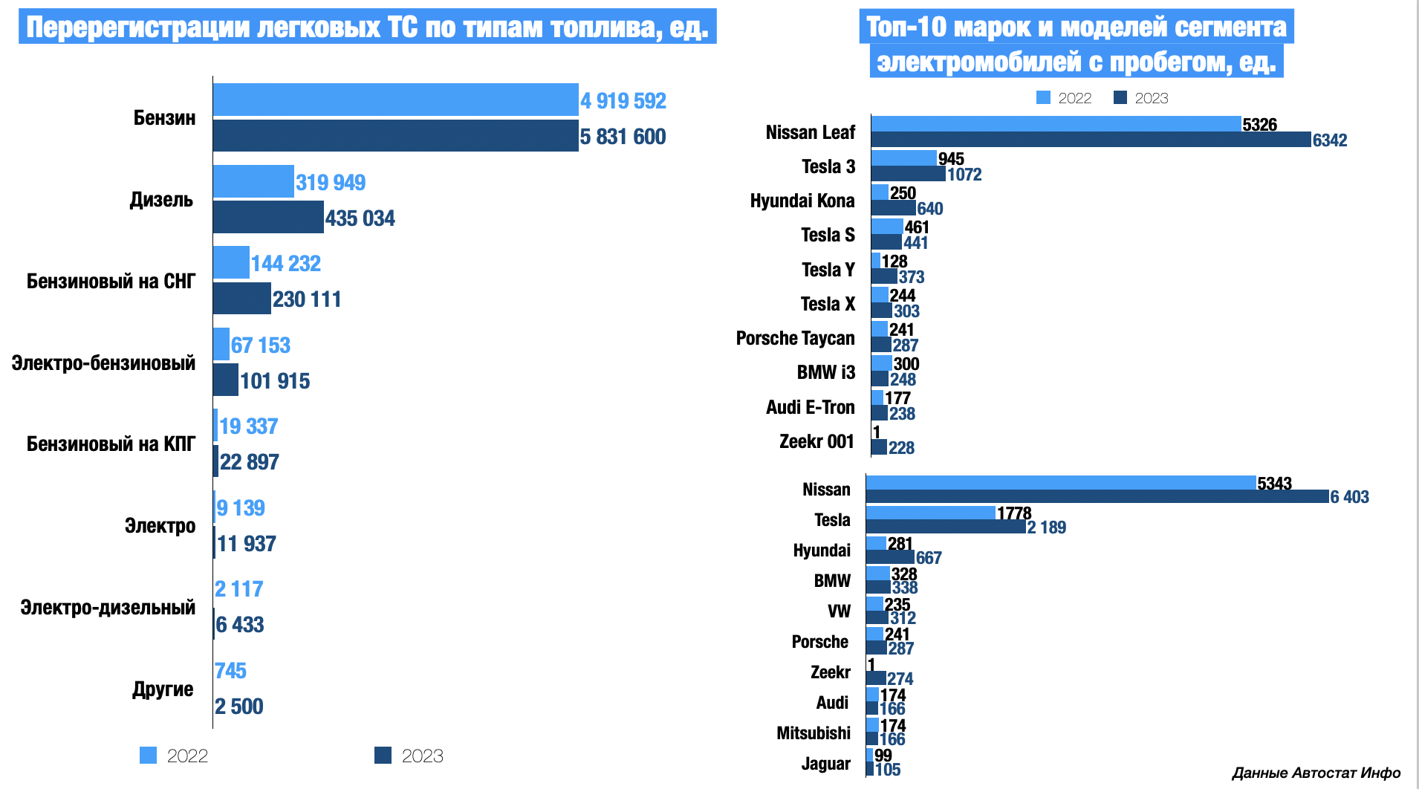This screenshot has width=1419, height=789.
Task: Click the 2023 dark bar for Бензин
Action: pyautogui.click(x=395, y=136)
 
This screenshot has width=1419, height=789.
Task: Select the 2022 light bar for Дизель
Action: pyautogui.click(x=253, y=181)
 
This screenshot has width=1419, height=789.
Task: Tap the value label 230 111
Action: pyautogui.click(x=307, y=299)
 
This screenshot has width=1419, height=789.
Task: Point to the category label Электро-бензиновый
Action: pyautogui.click(x=103, y=363)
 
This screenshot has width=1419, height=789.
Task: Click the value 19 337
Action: pyautogui.click(x=248, y=426)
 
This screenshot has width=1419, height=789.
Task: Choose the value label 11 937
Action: pyautogui.click(x=246, y=544)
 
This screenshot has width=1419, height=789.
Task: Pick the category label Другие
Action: pyautogui.click(x=163, y=689)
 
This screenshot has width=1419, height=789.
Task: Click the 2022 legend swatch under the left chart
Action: pyautogui.click(x=149, y=756)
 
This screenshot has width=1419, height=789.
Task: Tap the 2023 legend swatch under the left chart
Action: pyautogui.click(x=383, y=756)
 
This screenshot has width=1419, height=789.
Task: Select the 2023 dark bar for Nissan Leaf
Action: pyautogui.click(x=1091, y=140)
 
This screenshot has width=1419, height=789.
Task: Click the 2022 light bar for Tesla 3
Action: pyautogui.click(x=903, y=158)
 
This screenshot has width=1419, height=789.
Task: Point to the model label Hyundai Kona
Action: pyautogui.click(x=802, y=201)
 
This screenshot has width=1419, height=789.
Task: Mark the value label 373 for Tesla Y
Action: pyautogui.click(x=912, y=277)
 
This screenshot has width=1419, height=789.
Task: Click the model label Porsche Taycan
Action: pyautogui.click(x=795, y=339)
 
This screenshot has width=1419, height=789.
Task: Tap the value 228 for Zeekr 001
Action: pyautogui.click(x=901, y=448)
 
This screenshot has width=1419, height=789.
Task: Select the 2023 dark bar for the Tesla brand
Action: pyautogui.click(x=945, y=527)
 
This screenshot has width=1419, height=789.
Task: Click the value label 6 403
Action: pyautogui.click(x=1349, y=497)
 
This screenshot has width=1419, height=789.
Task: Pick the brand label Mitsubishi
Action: pyautogui.click(x=814, y=733)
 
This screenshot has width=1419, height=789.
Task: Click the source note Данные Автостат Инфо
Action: pyautogui.click(x=1316, y=773)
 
